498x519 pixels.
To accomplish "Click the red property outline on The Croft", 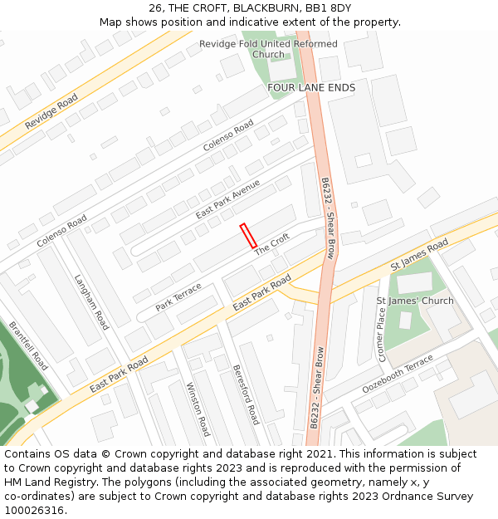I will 248,236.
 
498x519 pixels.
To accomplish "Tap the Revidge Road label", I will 51,111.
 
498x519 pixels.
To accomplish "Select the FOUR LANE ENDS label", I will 311,87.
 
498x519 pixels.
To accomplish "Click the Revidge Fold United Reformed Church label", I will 268,49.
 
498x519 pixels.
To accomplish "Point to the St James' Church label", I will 415,301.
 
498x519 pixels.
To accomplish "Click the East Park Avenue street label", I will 227,199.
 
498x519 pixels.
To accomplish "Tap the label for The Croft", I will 271,244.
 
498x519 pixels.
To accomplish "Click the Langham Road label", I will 91,302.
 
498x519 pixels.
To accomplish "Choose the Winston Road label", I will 198,409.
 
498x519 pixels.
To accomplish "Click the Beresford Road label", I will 247,394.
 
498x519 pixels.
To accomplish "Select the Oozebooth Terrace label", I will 398,375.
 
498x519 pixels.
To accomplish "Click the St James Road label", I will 419,255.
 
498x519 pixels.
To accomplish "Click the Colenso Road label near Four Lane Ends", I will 228,135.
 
